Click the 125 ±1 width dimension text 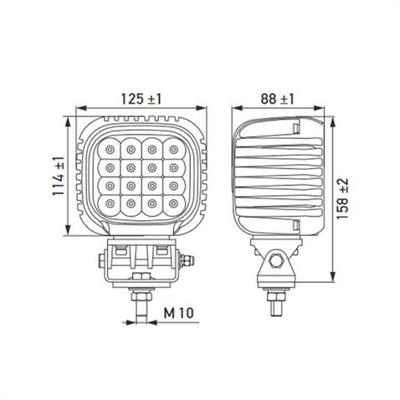[x=141, y=98]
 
